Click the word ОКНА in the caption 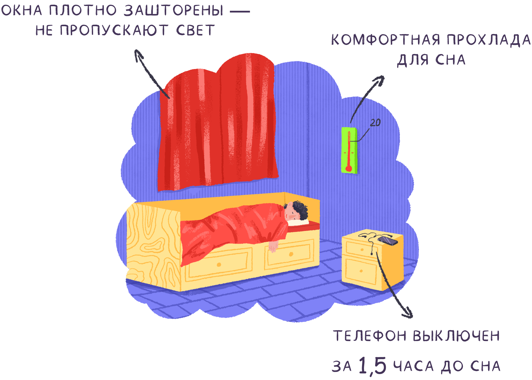pyautogui.click(x=21, y=11)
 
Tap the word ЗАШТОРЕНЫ pyautogui.click(x=174, y=11)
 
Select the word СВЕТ pyautogui.click(x=195, y=31)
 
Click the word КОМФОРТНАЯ pyautogui.click(x=385, y=40)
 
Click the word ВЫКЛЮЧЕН pyautogui.click(x=456, y=336)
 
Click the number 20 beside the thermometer pyautogui.click(x=375, y=122)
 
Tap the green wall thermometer pyautogui.click(x=349, y=150)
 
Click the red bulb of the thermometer pyautogui.click(x=349, y=169)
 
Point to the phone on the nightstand pyautogui.click(x=388, y=241)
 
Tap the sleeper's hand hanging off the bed pyautogui.click(x=273, y=247)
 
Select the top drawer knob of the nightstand pyautogui.click(x=362, y=249)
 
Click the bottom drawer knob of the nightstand pyautogui.click(x=361, y=271)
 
